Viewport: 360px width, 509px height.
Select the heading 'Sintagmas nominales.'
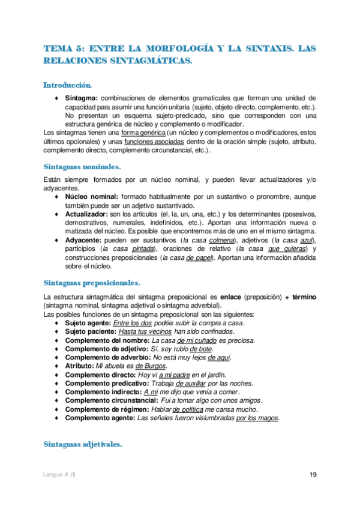point(83,166)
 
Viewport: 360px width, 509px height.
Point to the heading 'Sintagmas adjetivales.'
point(83,444)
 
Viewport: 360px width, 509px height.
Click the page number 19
point(313,475)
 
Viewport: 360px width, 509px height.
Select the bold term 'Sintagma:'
point(82,98)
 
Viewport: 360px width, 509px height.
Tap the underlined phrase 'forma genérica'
point(143,132)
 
